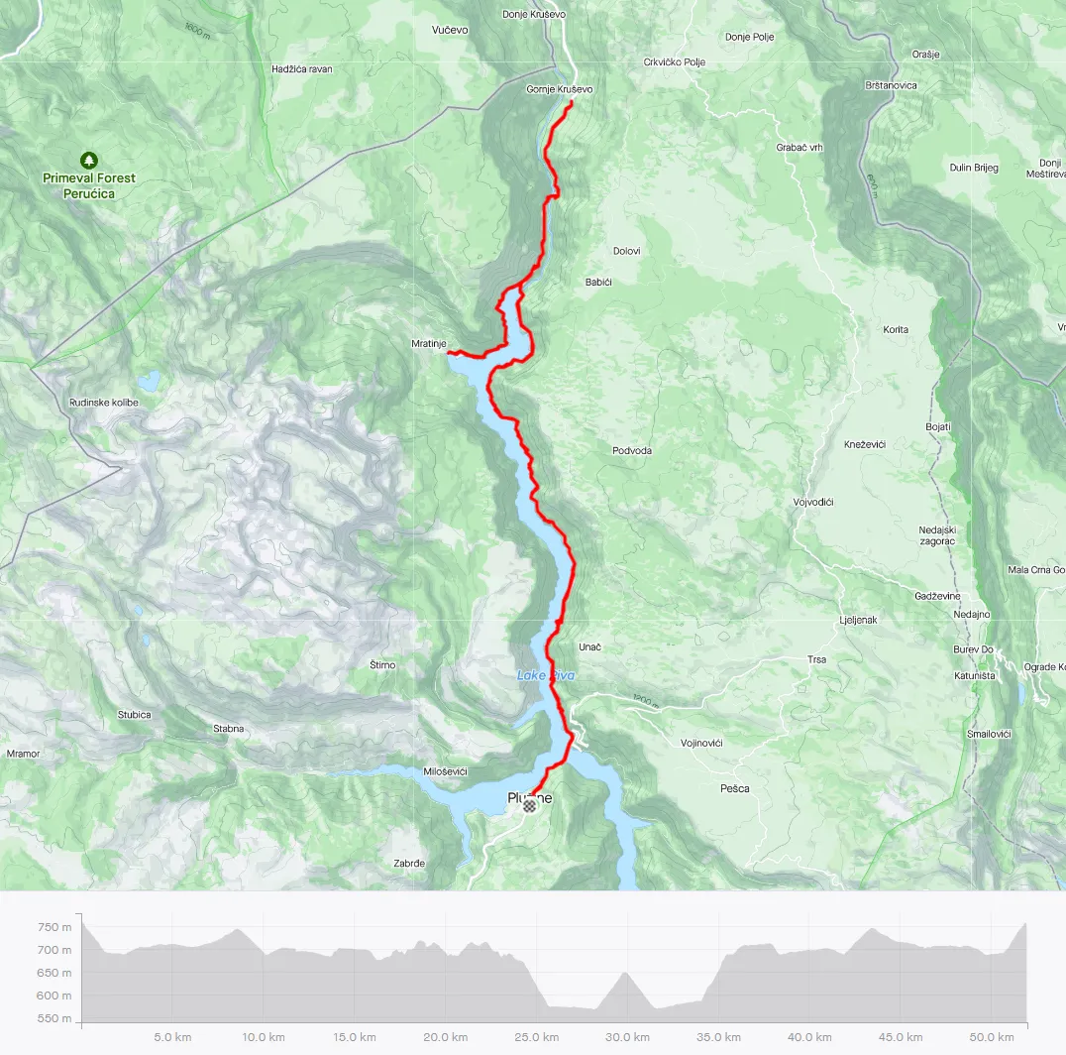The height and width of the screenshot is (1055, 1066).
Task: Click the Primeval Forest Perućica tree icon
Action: pyautogui.click(x=89, y=160)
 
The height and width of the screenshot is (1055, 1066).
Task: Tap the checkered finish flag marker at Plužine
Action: pyautogui.click(x=529, y=806)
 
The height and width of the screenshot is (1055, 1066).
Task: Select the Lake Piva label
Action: pyautogui.click(x=545, y=675)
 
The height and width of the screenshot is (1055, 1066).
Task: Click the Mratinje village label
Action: pyautogui.click(x=429, y=344)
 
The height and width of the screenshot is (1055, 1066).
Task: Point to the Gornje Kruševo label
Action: pyautogui.click(x=560, y=89)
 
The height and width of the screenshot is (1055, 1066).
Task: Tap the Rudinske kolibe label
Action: pyautogui.click(x=104, y=403)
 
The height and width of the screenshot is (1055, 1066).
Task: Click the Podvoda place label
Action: pyautogui.click(x=632, y=450)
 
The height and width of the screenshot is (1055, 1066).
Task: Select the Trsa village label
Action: pyautogui.click(x=816, y=659)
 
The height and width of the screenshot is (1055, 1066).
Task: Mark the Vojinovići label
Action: pyautogui.click(x=701, y=743)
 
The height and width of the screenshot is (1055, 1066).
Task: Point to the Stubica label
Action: pyautogui.click(x=135, y=715)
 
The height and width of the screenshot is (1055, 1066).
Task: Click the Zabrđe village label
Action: pyautogui.click(x=409, y=864)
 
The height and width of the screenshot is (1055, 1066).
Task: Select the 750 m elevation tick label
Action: pyautogui.click(x=53, y=927)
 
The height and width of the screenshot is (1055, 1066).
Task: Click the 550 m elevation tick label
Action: pyautogui.click(x=53, y=1018)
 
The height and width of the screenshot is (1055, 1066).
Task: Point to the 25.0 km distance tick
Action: pyautogui.click(x=535, y=1037)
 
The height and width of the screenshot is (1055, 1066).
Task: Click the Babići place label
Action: pyautogui.click(x=598, y=283)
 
